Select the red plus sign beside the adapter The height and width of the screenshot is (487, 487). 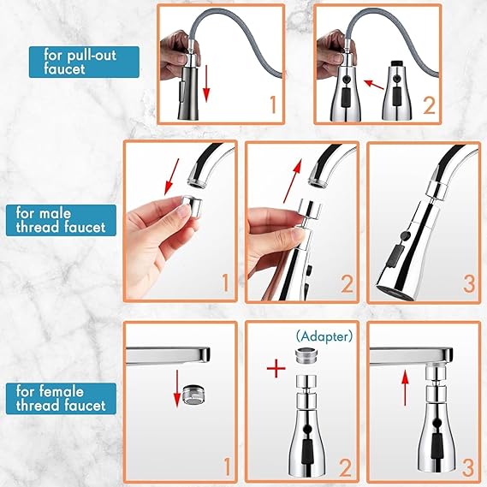click(275, 371)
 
